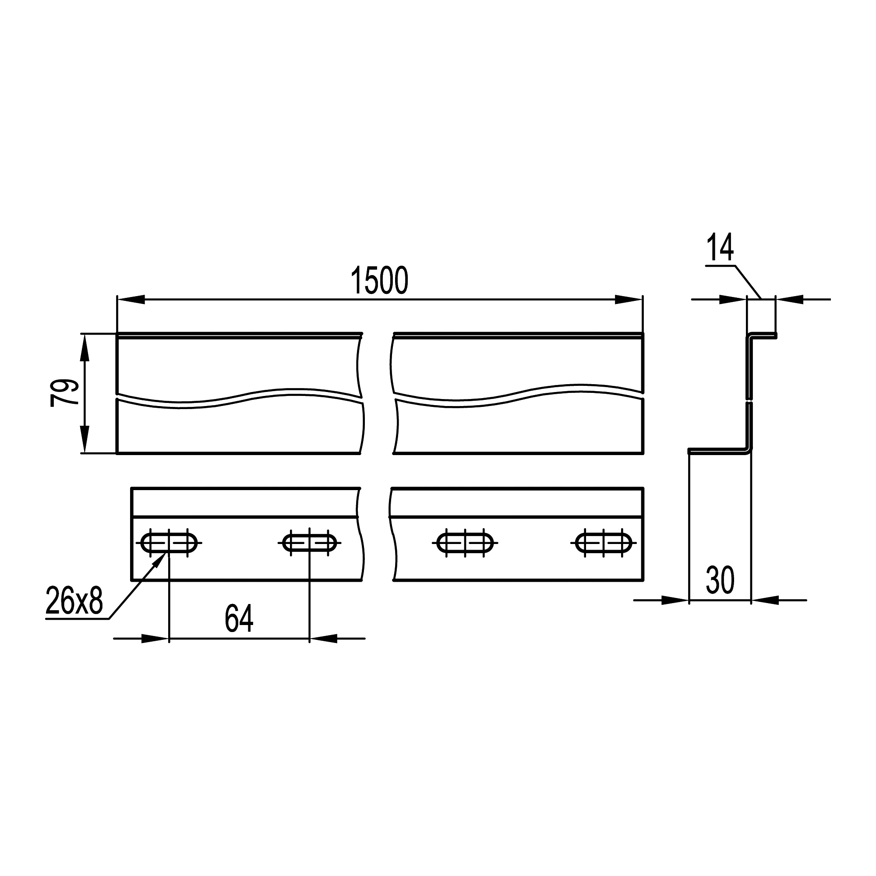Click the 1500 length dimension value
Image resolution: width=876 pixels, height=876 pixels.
pos(379,281)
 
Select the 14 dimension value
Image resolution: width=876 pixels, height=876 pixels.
pos(720,248)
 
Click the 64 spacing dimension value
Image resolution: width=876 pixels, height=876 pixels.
pos(239,618)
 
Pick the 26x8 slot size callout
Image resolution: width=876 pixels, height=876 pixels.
pos(74,601)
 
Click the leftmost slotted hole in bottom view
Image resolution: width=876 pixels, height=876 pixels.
pos(169,543)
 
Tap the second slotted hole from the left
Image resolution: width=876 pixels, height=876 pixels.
pos(310,543)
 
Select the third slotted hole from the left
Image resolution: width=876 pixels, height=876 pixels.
pos(465,543)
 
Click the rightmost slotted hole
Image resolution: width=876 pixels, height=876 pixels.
pos(604,543)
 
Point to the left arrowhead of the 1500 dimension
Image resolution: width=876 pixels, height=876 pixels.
pos(131,299)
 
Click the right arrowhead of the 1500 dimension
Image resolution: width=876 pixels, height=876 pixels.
pos(629,299)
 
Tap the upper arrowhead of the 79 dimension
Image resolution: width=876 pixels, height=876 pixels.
pos(85,347)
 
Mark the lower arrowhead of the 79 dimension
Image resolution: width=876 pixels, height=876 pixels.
pos(85,439)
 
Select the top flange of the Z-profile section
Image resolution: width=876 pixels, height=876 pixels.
pos(762,336)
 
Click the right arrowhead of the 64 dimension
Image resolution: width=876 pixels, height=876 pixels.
pos(324,639)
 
